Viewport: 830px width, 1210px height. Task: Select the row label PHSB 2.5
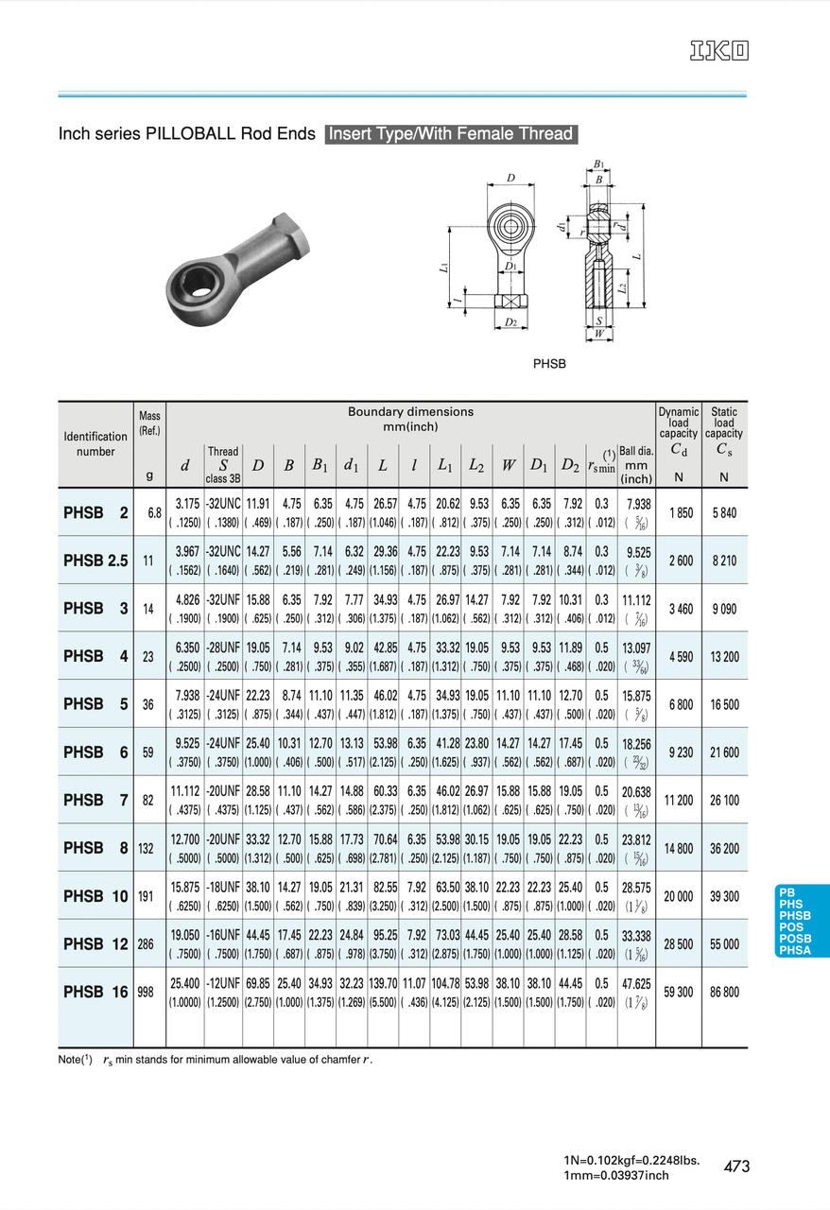point(95,561)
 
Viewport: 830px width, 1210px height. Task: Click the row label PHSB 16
point(95,992)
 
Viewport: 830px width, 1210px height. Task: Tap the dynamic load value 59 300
point(678,992)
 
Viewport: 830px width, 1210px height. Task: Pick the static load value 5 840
point(724,512)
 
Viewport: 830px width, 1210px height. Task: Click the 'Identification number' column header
point(95,444)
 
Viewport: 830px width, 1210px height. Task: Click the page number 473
point(736,1167)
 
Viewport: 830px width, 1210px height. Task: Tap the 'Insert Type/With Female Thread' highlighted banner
point(451,134)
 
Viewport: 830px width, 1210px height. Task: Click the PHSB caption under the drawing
point(549,364)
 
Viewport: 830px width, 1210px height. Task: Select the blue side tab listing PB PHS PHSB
point(801,921)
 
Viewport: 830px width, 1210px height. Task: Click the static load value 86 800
point(724,992)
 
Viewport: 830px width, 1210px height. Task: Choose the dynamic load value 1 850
point(678,512)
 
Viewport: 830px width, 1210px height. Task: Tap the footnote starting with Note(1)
point(216,1060)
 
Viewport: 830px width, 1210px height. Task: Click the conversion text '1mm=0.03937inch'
point(615,1175)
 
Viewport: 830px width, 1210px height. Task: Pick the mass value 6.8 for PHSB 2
point(153,512)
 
